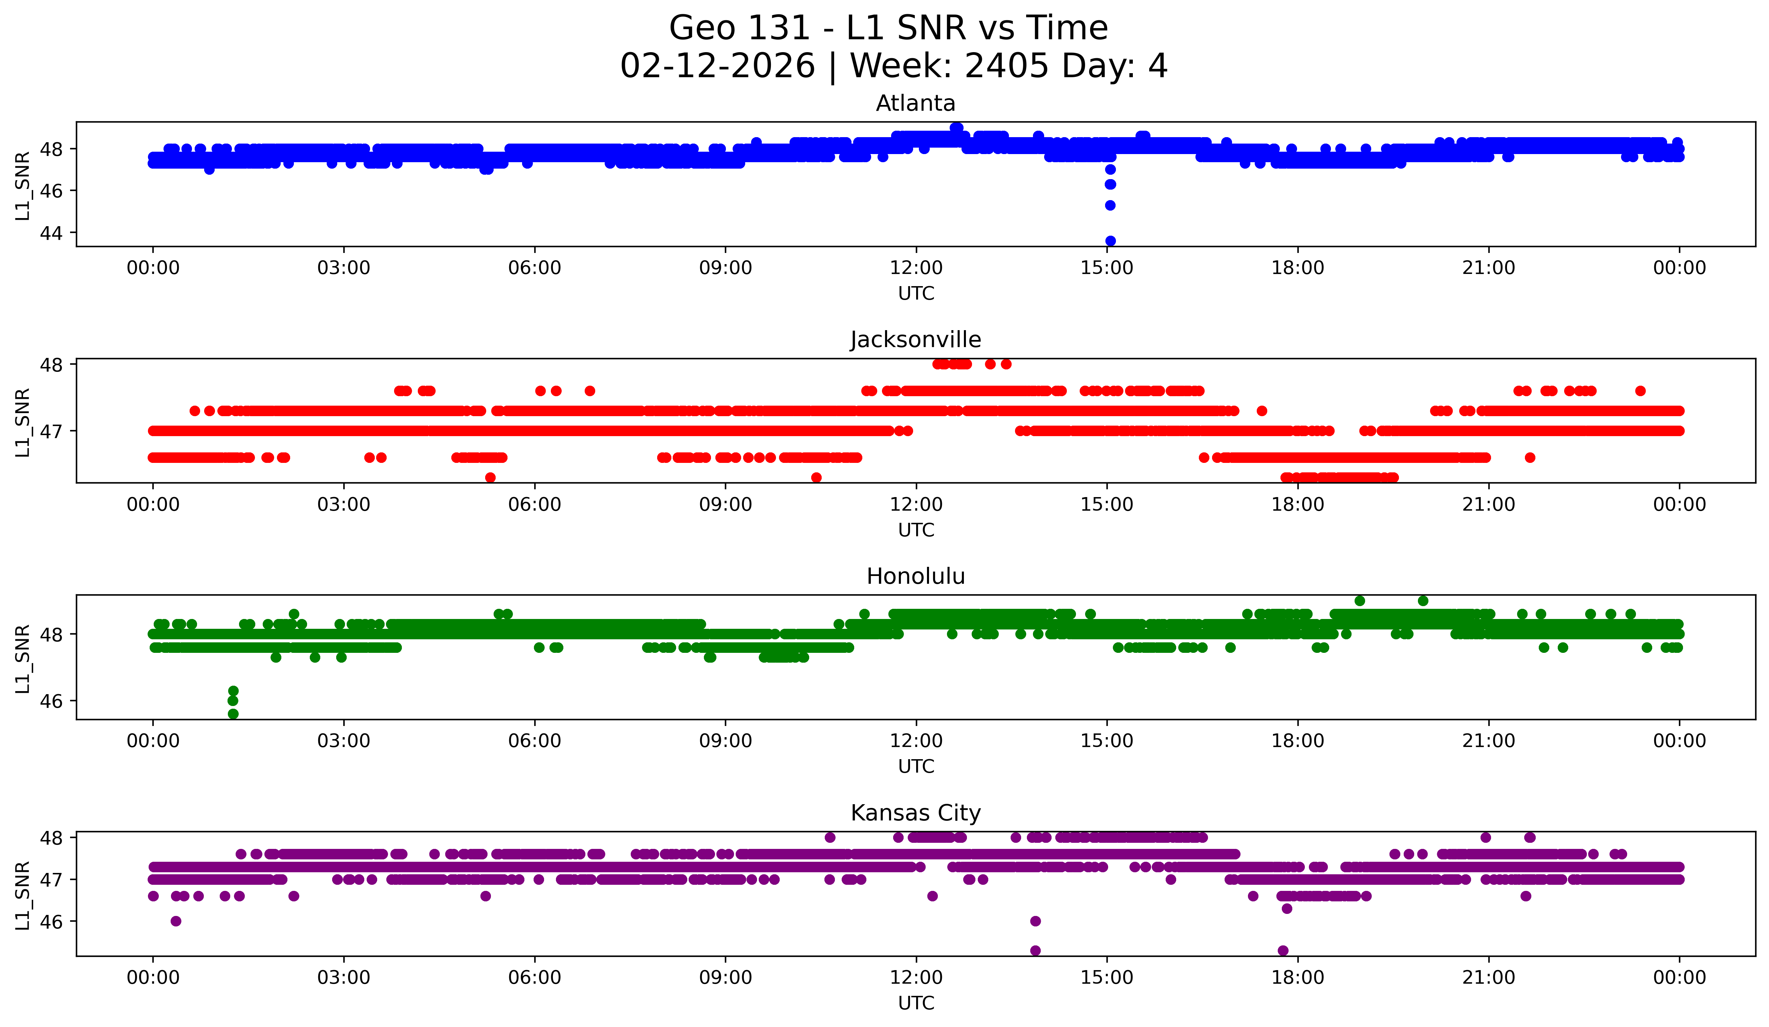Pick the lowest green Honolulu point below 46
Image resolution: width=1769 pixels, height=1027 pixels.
(x=233, y=714)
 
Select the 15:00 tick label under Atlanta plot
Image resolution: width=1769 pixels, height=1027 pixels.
(x=1107, y=268)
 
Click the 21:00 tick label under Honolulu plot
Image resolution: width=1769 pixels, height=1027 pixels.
(x=1488, y=741)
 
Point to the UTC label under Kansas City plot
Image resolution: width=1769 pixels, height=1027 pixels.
(x=915, y=1003)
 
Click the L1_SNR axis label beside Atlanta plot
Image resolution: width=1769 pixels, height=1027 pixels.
(x=22, y=185)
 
